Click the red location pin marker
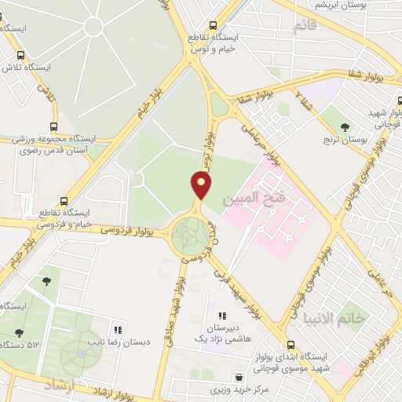202,185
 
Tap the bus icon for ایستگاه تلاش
20,55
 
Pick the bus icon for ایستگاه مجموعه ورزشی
53,125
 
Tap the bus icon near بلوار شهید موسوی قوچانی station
291,344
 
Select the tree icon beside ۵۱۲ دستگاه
16,332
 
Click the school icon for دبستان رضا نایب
118,330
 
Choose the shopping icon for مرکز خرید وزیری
215,376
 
